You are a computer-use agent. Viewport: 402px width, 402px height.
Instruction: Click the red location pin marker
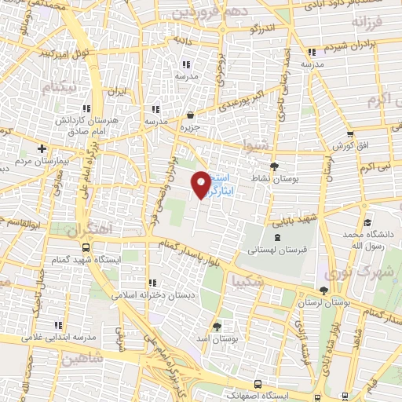point(202,183)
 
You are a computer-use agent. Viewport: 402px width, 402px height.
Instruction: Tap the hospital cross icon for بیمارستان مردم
point(42,148)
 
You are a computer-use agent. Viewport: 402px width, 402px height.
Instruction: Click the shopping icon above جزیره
point(192,114)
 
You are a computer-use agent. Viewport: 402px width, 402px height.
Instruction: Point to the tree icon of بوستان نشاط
point(274,166)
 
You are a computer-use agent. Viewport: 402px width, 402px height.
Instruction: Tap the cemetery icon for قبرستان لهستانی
point(276,236)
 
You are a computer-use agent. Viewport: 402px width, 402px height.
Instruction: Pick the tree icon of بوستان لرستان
point(323,290)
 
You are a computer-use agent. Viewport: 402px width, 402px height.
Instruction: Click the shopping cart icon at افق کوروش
point(349,133)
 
